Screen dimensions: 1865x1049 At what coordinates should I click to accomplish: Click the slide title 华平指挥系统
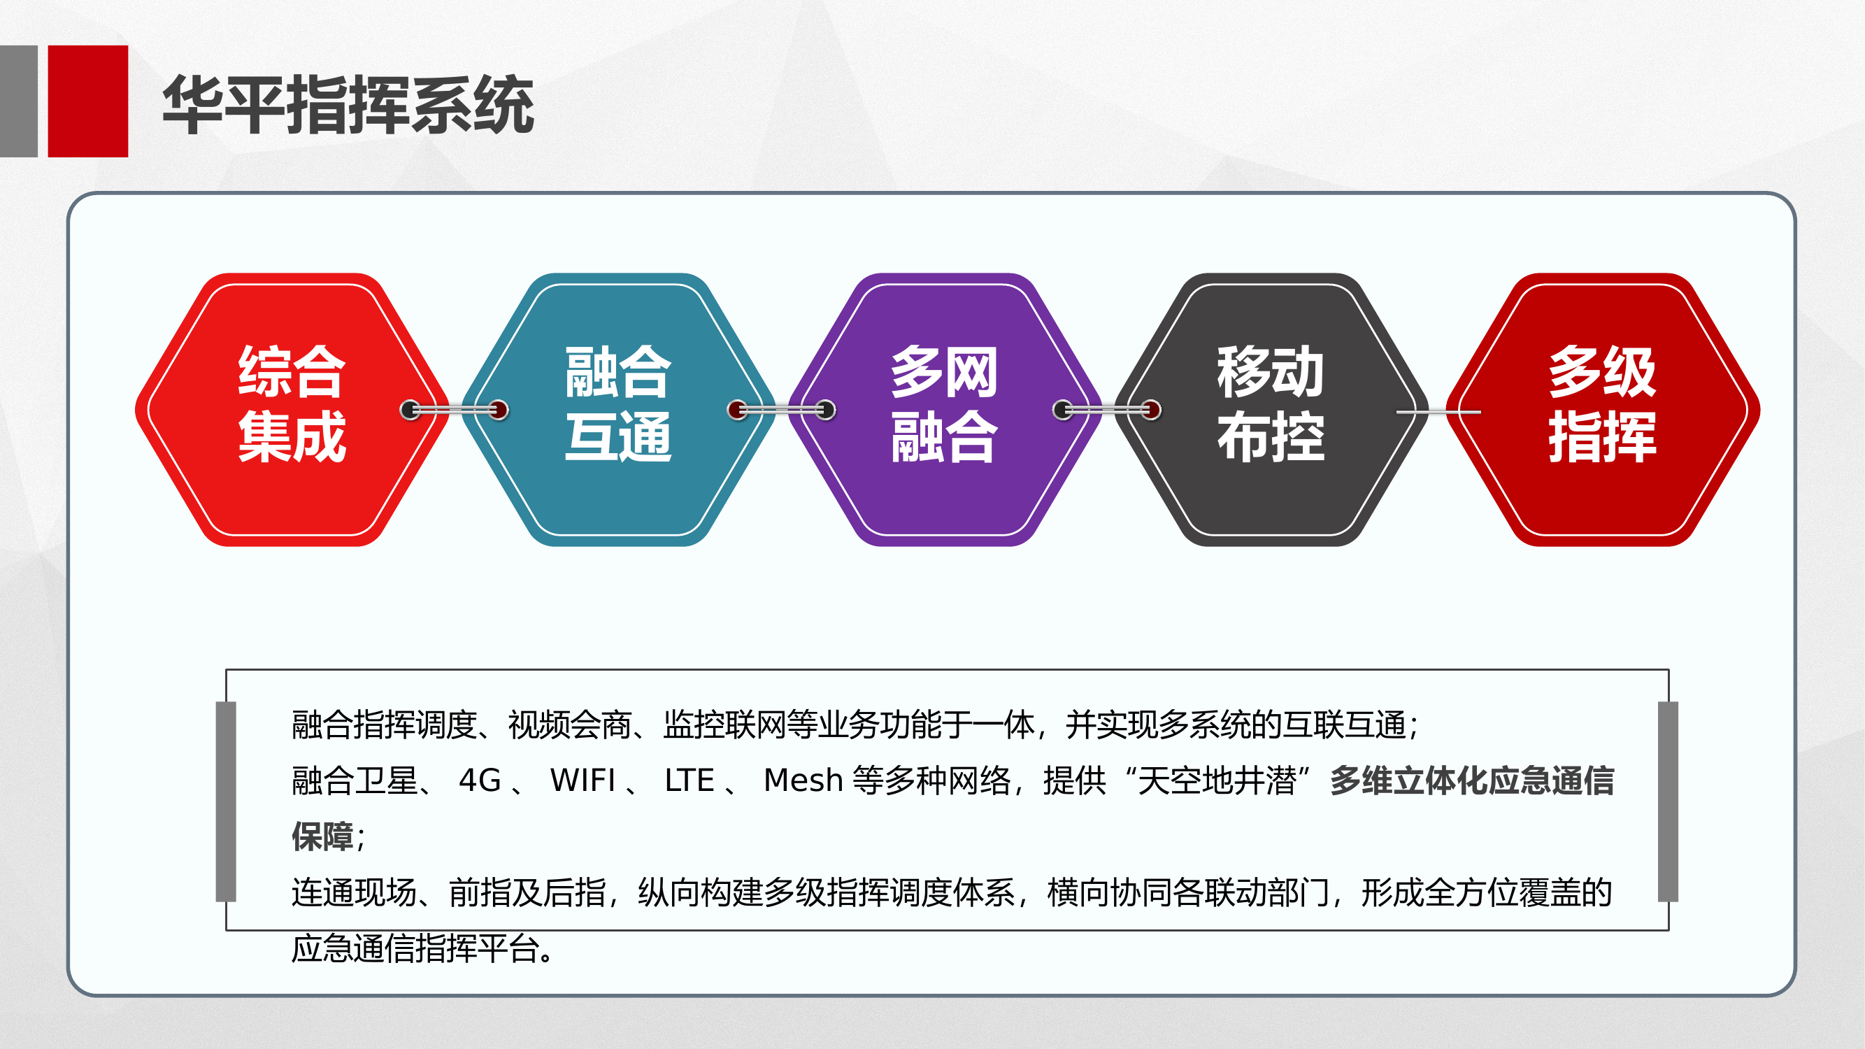coord(348,105)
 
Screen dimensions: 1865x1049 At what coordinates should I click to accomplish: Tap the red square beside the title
coord(87,101)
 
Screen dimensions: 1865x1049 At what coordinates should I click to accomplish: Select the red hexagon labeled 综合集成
coord(292,410)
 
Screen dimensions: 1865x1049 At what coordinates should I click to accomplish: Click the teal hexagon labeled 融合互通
coord(618,410)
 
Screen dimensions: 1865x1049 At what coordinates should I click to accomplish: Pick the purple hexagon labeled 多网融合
coord(944,410)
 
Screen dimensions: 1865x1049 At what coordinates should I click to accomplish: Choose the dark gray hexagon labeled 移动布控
coord(1271,410)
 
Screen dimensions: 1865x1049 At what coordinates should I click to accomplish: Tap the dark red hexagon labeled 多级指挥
coord(1602,410)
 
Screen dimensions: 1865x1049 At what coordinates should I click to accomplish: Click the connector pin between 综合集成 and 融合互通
coord(455,411)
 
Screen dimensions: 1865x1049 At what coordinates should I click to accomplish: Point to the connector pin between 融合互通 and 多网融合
coord(781,411)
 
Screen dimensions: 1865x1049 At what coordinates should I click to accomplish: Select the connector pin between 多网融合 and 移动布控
coord(1107,411)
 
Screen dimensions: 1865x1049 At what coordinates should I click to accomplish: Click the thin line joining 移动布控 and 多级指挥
coord(1438,412)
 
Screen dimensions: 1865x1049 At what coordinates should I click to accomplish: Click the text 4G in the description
coord(479,780)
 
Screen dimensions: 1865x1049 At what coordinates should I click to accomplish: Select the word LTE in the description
coord(689,780)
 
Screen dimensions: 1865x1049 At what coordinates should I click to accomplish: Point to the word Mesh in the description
coord(803,780)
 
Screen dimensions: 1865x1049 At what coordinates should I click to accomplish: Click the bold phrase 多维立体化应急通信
coord(1472,780)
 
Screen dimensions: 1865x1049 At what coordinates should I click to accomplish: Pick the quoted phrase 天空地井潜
coord(1216,780)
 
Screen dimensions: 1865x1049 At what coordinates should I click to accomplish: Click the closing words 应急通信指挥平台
coord(415,948)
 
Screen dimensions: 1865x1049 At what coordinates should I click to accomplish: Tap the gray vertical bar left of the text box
coord(226,801)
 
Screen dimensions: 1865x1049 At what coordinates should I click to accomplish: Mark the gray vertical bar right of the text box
coord(1668,801)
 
